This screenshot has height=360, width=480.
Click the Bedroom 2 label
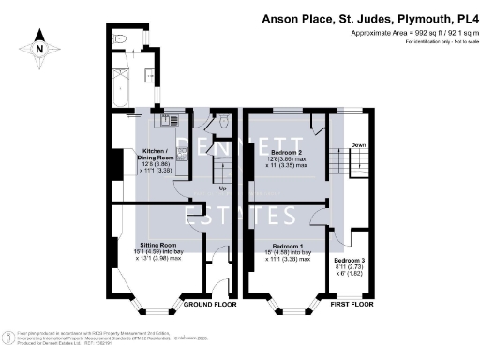pyautogui.click(x=285, y=151)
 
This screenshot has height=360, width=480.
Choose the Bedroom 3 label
pyautogui.click(x=349, y=259)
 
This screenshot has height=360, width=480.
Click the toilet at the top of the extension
pyautogui.click(x=119, y=38)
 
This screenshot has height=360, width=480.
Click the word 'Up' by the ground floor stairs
pyautogui.click(x=222, y=187)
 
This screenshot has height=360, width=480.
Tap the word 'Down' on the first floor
pyautogui.click(x=357, y=145)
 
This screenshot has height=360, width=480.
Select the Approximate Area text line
pyautogui.click(x=411, y=34)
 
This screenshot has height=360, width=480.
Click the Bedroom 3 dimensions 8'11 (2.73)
pyautogui.click(x=349, y=267)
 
